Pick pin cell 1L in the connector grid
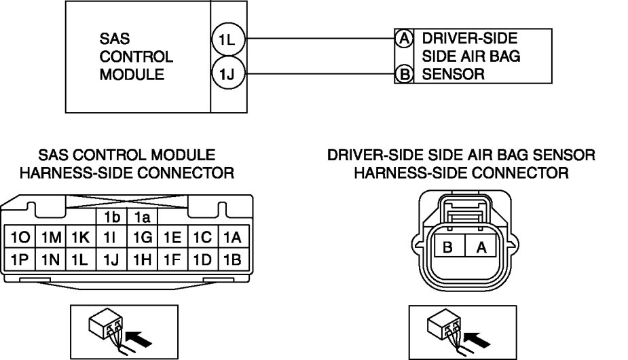click(80, 259)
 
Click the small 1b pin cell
click(111, 217)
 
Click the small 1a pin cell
click(141, 217)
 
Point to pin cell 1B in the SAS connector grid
click(232, 259)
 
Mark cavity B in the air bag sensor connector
click(448, 247)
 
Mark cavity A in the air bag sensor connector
click(481, 247)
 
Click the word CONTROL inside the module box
click(136, 57)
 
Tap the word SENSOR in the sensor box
click(453, 74)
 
